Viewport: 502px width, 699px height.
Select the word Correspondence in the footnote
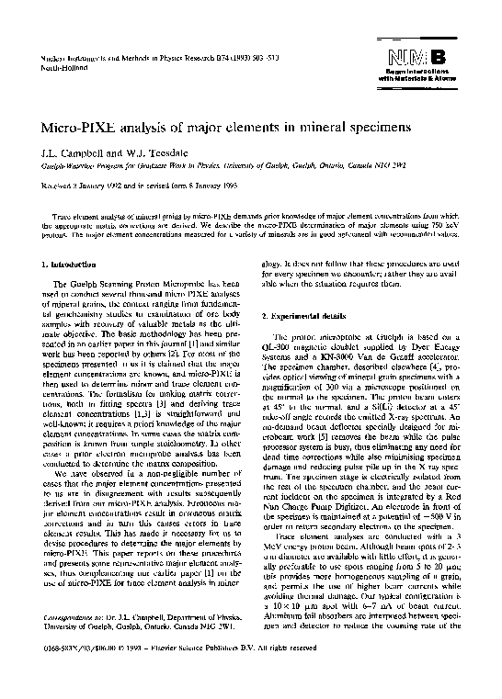click(x=73, y=632)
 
